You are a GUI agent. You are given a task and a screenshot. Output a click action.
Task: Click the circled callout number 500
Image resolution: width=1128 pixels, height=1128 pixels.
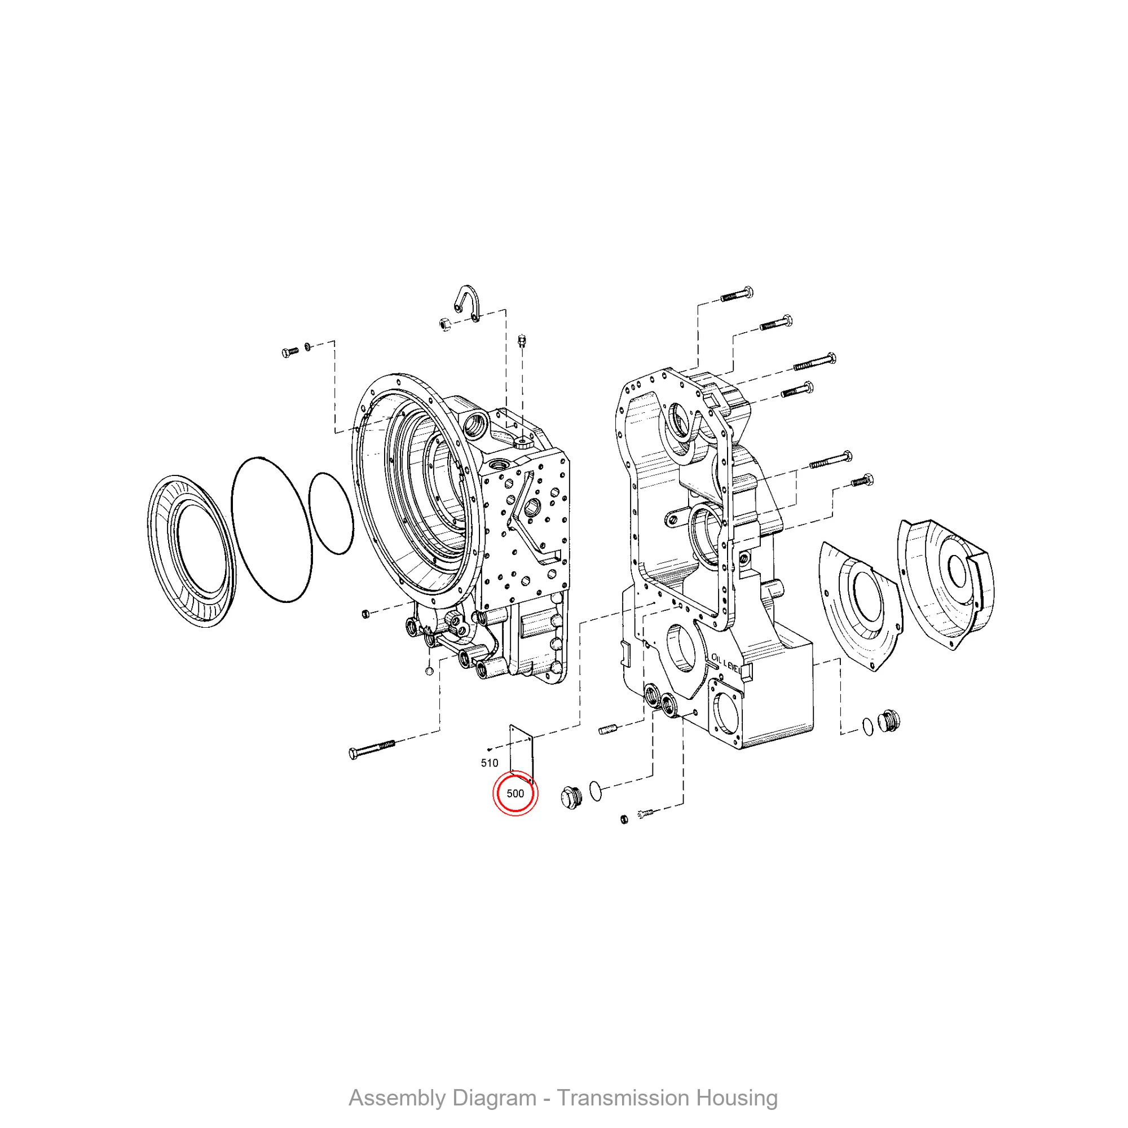pyautogui.click(x=515, y=794)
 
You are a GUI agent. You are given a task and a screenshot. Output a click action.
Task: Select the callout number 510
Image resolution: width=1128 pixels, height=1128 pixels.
pyautogui.click(x=489, y=763)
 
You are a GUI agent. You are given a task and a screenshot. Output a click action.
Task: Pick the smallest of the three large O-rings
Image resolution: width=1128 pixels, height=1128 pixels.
pyautogui.click(x=331, y=513)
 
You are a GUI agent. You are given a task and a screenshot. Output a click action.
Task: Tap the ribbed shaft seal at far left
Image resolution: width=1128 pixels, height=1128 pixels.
pyautogui.click(x=191, y=551)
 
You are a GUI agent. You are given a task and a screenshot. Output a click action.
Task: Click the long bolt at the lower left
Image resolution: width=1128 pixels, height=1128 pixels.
pyautogui.click(x=371, y=749)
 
